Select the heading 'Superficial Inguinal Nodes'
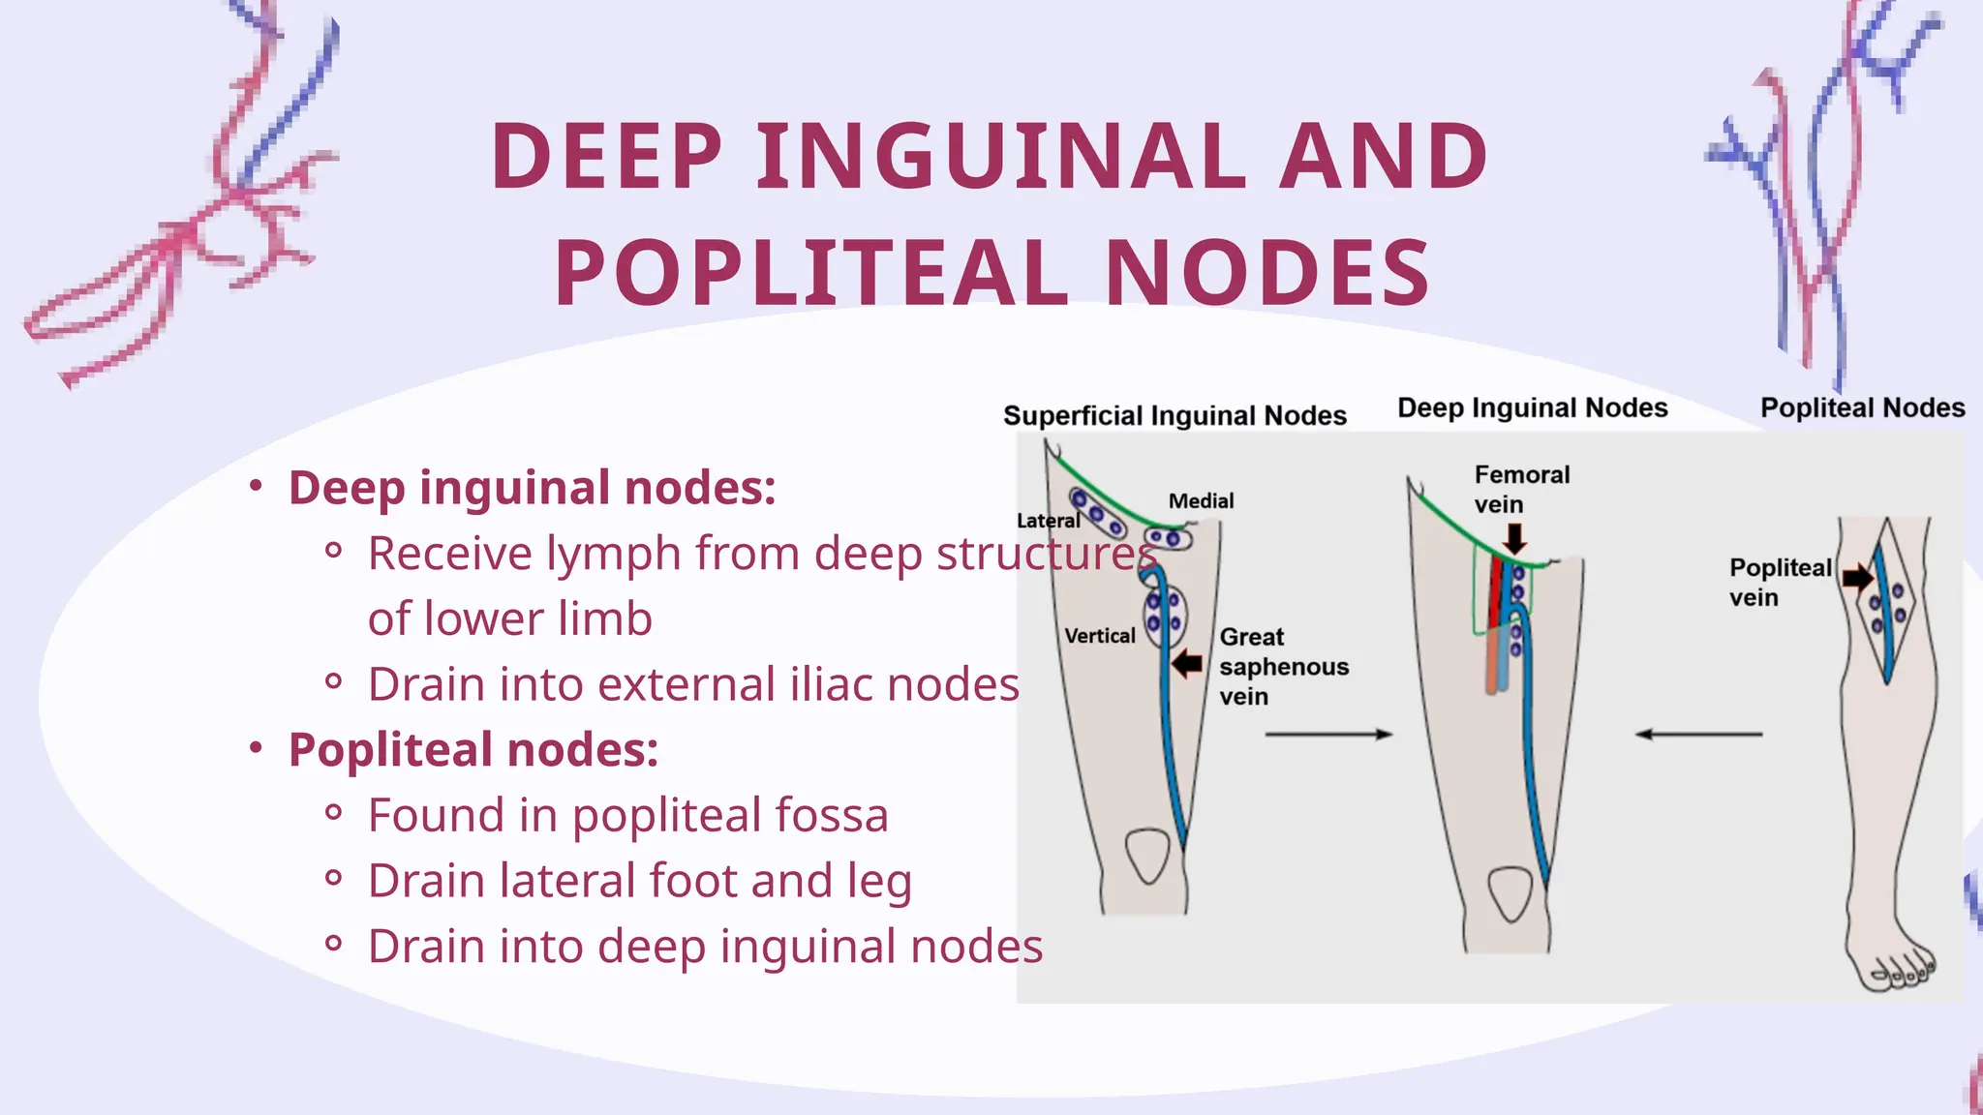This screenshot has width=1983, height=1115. coord(1175,416)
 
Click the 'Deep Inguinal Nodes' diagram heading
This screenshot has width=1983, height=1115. coord(1532,408)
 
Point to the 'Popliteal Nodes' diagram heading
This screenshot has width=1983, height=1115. coord(1862,408)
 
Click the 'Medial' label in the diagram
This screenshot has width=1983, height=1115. coord(1201,501)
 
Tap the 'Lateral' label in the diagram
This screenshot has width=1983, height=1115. coord(1048,521)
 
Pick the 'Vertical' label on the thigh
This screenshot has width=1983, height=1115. coord(1100,636)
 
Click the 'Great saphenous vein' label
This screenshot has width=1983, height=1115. coord(1283,667)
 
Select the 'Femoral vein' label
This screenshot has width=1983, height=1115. coord(1521,489)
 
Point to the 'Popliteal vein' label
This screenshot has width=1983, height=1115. coord(1780,582)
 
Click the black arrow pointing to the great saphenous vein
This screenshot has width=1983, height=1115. coord(1186,664)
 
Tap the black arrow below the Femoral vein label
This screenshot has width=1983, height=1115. coord(1514,538)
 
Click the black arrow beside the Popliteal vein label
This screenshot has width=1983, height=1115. coord(1857,578)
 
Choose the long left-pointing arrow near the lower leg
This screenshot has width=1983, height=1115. coord(1698,735)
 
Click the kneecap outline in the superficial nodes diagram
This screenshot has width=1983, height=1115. coord(1148,855)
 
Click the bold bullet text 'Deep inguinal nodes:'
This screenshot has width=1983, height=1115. coord(532,488)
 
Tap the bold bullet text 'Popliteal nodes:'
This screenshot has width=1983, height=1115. coord(473,750)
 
